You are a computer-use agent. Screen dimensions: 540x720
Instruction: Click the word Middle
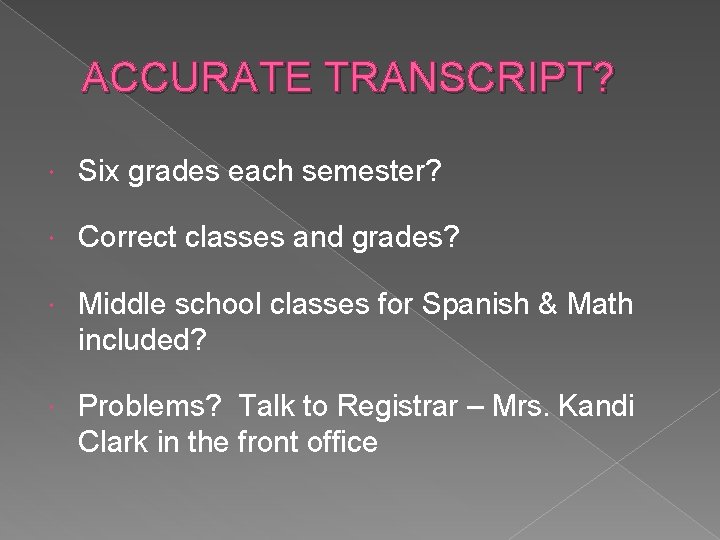[x=120, y=303]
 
